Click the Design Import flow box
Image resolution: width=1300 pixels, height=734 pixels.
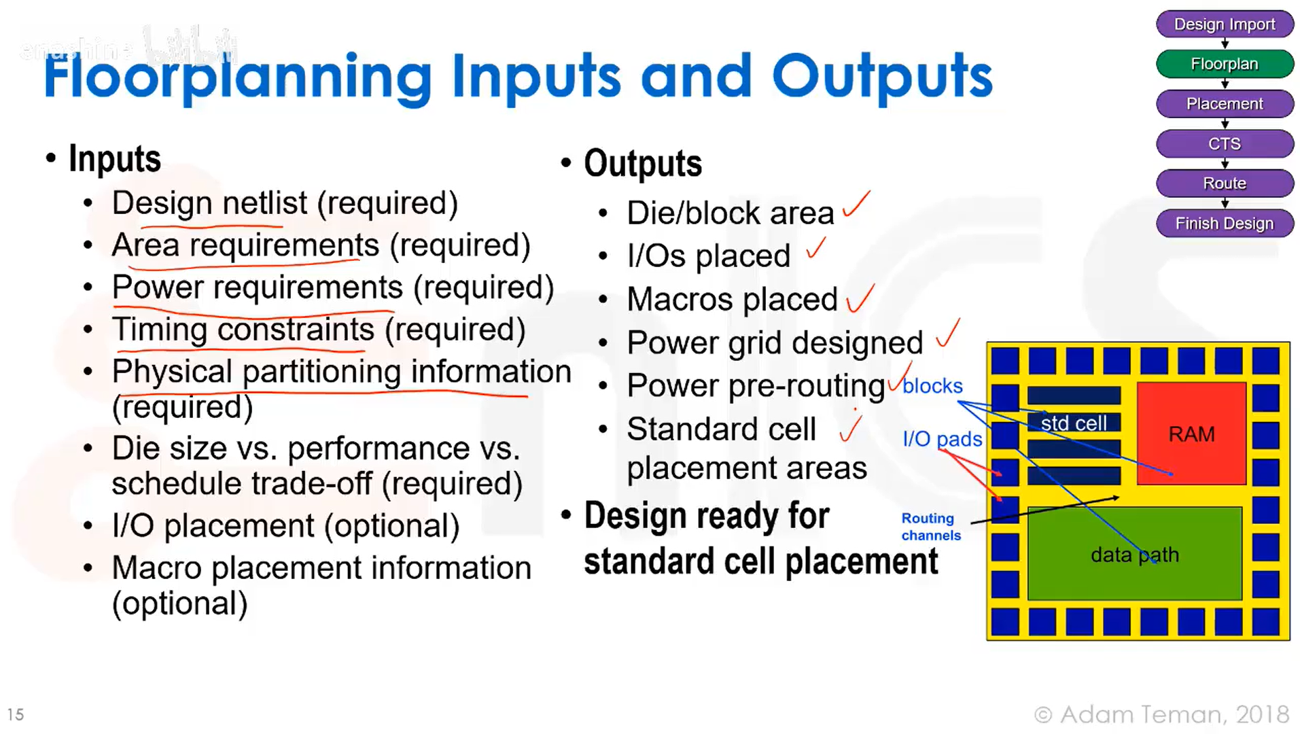coord(1224,24)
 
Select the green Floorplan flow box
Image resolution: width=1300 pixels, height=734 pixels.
coord(1224,64)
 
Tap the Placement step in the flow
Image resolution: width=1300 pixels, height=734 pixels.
coord(1224,104)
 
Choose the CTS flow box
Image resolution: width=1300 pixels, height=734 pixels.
coord(1224,144)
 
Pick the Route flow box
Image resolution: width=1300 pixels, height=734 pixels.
coord(1224,183)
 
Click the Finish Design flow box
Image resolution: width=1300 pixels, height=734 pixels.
coord(1224,224)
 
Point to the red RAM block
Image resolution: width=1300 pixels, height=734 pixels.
coord(1191,434)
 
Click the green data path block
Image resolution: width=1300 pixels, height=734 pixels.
coord(1134,555)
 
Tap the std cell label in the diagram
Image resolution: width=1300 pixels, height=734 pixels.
coord(1074,423)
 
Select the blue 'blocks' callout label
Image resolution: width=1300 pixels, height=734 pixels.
coord(932,386)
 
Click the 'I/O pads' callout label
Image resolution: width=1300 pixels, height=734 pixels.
coord(942,439)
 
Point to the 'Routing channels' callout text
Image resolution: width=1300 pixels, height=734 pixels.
coord(930,527)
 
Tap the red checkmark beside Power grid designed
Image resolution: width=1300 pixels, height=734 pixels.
coord(947,333)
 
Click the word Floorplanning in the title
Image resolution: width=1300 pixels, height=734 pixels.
coord(238,76)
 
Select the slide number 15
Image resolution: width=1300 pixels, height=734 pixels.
coord(16,714)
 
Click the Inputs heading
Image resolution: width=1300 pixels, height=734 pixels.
coord(114,159)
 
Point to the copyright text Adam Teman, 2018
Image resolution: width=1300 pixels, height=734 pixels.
coord(1161,714)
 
